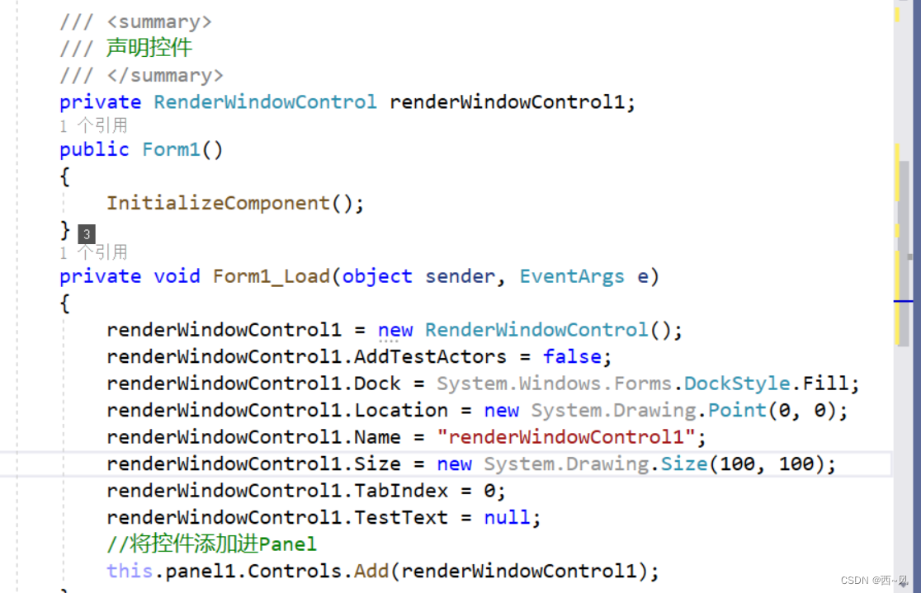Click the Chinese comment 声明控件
[149, 48]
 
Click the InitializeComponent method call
[218, 203]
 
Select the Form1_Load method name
[272, 275]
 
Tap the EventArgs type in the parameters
[571, 275]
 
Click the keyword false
[572, 356]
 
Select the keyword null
[512, 517]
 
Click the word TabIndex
[401, 491]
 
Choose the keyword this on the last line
[130, 571]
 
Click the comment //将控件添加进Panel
[211, 544]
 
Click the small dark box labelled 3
[87, 235]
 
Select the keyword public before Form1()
[94, 149]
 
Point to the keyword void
[177, 275]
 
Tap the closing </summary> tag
[165, 75]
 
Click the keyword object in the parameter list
[377, 275]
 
